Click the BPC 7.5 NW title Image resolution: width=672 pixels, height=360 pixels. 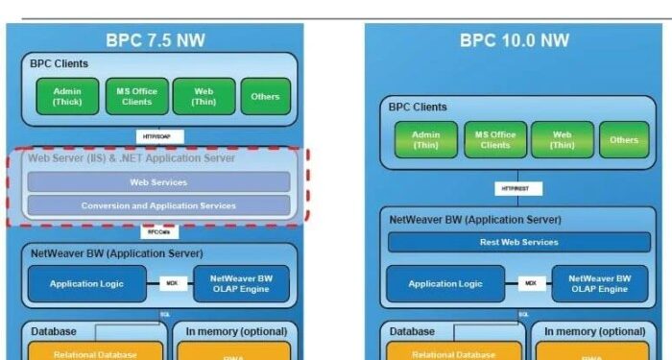(156, 40)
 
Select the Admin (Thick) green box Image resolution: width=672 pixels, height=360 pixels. (66, 96)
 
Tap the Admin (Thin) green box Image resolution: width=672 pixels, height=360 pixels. (425, 140)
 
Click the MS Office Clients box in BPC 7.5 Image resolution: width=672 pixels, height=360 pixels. (135, 96)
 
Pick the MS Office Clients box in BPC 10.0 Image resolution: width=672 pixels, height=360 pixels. (494, 140)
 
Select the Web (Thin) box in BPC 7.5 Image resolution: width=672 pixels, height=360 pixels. (203, 96)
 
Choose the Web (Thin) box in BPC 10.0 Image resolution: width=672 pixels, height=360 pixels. (562, 140)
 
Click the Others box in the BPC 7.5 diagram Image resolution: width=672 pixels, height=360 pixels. (265, 96)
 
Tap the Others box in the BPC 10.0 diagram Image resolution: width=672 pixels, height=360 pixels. (623, 140)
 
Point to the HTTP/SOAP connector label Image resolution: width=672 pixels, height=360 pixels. (157, 136)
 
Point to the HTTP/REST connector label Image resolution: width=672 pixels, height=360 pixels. (518, 188)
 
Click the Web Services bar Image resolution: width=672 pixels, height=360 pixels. (158, 181)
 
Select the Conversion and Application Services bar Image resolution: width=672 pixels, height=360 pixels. (158, 205)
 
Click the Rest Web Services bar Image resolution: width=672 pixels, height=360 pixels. (518, 242)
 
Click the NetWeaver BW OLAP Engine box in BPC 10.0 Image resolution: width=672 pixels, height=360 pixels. (591, 284)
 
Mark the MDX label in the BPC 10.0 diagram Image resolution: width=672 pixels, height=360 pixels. (531, 284)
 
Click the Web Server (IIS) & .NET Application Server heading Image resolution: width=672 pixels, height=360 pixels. (131, 158)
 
